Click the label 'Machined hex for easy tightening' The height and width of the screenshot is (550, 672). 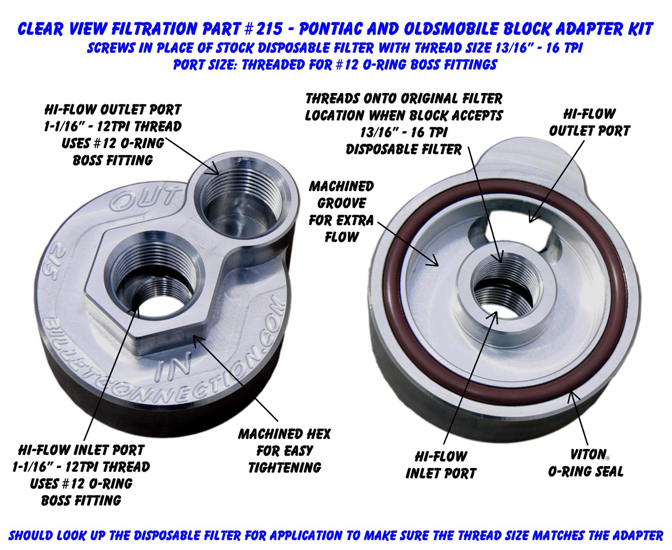coord(285,450)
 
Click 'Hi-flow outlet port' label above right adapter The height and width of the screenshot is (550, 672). coord(589,122)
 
